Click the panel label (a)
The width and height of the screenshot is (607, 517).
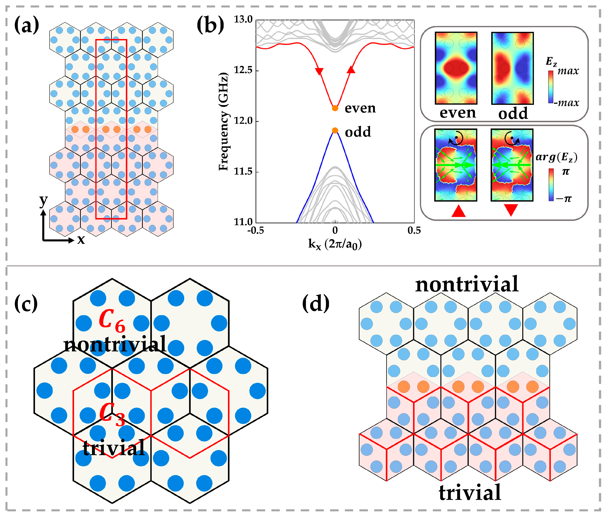click(x=27, y=25)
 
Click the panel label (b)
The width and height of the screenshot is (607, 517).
click(x=210, y=25)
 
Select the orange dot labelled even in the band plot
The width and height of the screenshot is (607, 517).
click(x=335, y=108)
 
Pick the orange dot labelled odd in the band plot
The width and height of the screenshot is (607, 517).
click(x=335, y=131)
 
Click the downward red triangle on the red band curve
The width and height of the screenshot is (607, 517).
click(x=319, y=71)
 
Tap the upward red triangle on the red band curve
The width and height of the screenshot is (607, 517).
click(x=351, y=70)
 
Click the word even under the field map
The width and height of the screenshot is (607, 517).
click(x=458, y=113)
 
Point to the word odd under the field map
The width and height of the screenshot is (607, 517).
click(x=513, y=113)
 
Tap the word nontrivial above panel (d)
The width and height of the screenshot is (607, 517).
click(x=467, y=284)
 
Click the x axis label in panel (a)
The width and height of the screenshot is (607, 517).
click(x=81, y=240)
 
